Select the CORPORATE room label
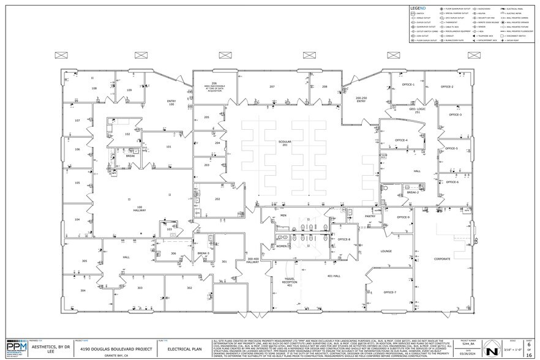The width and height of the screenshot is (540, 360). pyautogui.click(x=442, y=260)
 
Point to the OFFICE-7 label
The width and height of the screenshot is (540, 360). pyautogui.click(x=389, y=293)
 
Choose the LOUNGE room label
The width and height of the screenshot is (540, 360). pyautogui.click(x=386, y=251)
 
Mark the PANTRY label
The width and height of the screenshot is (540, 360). pyautogui.click(x=370, y=216)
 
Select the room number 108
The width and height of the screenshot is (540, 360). pyautogui.click(x=94, y=89)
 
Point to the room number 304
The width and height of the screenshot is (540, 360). pyautogui.click(x=83, y=290)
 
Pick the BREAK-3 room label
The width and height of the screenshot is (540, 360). pyautogui.click(x=203, y=253)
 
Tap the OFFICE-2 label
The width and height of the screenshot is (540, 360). pyautogui.click(x=448, y=87)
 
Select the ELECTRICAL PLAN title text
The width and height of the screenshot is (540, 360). pyautogui.click(x=183, y=348)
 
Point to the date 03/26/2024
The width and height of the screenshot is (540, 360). pyautogui.click(x=468, y=353)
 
